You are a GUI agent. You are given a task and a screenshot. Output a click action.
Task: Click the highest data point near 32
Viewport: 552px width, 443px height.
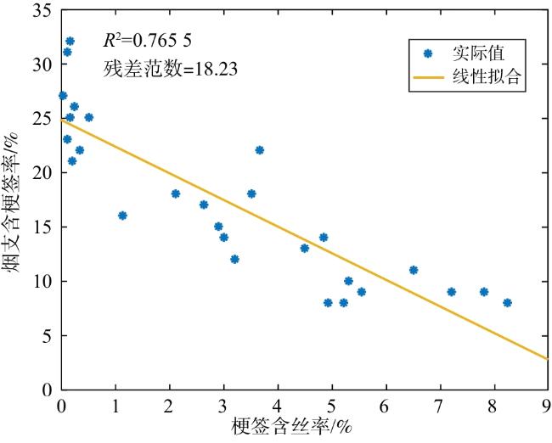click(x=70, y=42)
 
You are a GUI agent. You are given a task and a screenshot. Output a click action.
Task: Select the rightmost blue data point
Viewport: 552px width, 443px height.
click(x=507, y=303)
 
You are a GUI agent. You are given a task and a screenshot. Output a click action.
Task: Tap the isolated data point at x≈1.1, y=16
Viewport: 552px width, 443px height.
click(x=122, y=216)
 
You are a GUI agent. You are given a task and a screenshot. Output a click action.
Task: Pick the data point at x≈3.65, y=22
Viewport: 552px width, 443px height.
click(x=260, y=150)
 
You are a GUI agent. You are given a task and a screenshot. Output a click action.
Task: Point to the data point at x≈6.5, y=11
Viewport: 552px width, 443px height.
click(x=414, y=270)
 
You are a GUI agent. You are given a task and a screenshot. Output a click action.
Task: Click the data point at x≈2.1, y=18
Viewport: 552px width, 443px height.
click(x=176, y=193)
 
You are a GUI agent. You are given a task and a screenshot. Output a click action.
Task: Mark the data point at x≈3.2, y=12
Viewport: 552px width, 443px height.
click(x=234, y=260)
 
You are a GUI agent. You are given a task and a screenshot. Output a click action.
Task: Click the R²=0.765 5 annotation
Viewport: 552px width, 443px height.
click(x=148, y=41)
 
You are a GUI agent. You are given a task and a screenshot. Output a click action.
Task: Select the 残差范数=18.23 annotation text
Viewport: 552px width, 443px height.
click(x=171, y=69)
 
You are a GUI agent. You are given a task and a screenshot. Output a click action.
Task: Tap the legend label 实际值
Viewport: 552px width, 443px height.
click(x=478, y=53)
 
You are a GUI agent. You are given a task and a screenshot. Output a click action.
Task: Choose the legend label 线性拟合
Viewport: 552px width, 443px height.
click(x=486, y=76)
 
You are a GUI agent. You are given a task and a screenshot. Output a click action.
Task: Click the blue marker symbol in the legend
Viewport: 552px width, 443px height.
click(x=428, y=53)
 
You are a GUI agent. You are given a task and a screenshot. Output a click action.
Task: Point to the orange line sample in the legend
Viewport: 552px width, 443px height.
click(x=428, y=77)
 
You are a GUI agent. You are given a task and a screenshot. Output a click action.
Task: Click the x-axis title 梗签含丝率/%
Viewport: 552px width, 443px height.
click(x=292, y=427)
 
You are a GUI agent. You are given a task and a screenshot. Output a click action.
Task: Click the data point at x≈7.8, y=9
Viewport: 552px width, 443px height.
click(x=484, y=292)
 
